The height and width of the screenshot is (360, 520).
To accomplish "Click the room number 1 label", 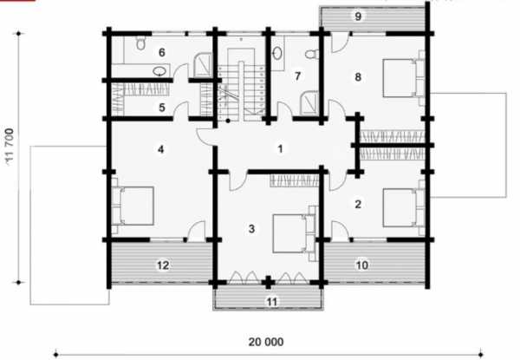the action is click(x=280, y=149).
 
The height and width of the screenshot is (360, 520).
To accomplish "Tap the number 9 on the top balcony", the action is click(x=358, y=16).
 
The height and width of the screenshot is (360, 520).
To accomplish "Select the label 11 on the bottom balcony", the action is click(x=271, y=302).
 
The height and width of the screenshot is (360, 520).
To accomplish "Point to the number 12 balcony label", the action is click(x=163, y=265).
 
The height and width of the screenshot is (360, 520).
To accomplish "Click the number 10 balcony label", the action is click(x=361, y=265).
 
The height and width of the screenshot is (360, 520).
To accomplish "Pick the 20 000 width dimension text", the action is click(x=266, y=342).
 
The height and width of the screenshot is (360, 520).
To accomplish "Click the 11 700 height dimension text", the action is click(x=10, y=147).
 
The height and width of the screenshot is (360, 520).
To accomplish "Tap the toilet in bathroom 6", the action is click(x=141, y=43).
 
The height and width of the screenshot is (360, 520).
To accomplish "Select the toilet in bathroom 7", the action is click(x=312, y=54).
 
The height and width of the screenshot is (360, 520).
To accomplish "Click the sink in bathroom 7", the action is click(x=277, y=53).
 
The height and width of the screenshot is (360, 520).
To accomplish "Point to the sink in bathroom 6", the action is click(x=160, y=71).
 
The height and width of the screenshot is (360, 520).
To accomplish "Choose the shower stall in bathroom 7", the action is click(x=309, y=104).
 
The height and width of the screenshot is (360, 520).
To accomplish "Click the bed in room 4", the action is click(x=133, y=206).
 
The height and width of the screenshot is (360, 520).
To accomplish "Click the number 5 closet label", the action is click(x=162, y=108).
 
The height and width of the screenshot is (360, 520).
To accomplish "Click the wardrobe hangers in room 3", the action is click(x=294, y=180).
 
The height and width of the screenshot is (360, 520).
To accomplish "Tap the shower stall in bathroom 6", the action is click(x=202, y=65).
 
